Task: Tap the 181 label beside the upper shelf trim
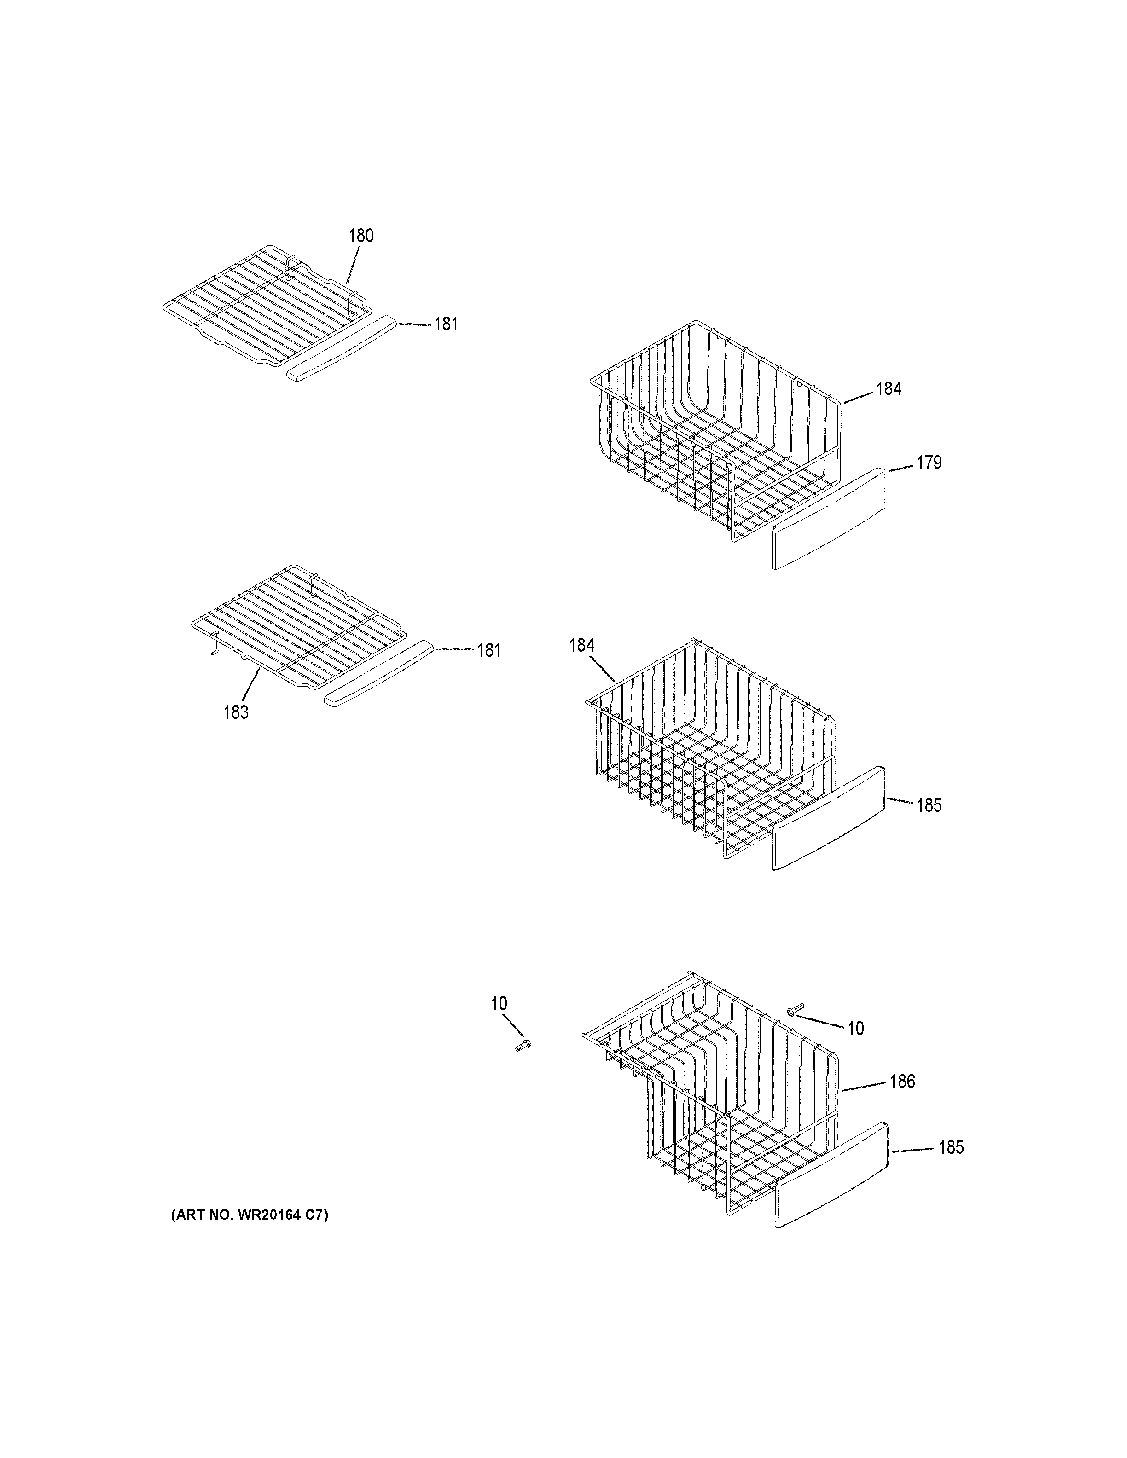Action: [446, 324]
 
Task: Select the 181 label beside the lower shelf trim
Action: [489, 650]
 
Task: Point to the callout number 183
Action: [236, 712]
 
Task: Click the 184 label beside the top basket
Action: [889, 389]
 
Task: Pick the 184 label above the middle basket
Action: [581, 645]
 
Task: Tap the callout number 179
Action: [929, 463]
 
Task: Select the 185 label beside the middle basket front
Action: [929, 806]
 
